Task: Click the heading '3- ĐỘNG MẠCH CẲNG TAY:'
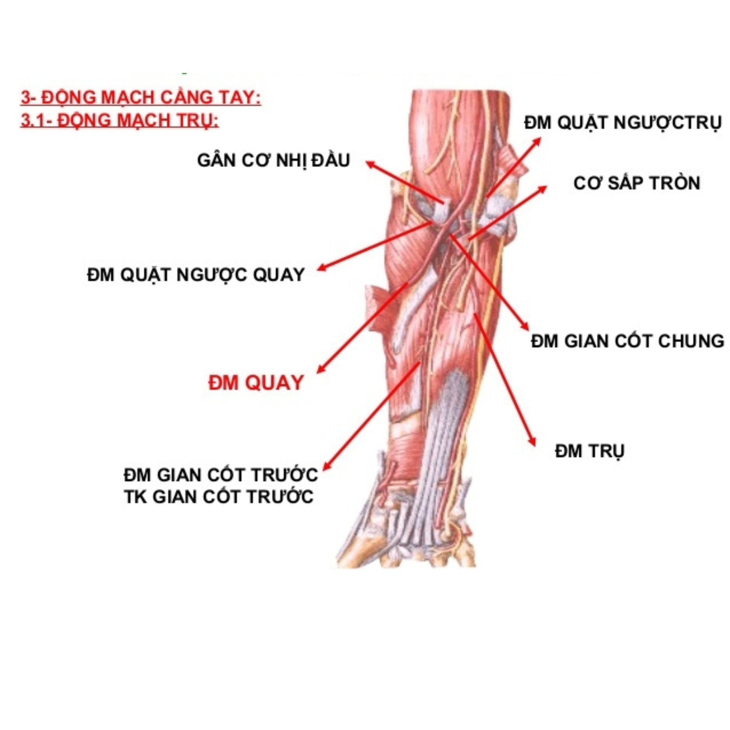(140, 98)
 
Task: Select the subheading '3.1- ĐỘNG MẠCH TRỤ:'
(119, 121)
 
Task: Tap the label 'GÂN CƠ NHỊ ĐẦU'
(273, 160)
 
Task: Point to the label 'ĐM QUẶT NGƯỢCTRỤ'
(622, 123)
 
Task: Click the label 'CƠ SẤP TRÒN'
(637, 183)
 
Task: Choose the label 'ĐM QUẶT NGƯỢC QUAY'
(196, 275)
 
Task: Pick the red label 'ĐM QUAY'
(256, 382)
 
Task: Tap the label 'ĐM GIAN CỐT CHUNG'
(627, 341)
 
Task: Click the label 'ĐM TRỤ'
(590, 451)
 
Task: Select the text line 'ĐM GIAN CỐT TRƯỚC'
(221, 475)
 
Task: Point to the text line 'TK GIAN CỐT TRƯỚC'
(219, 497)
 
